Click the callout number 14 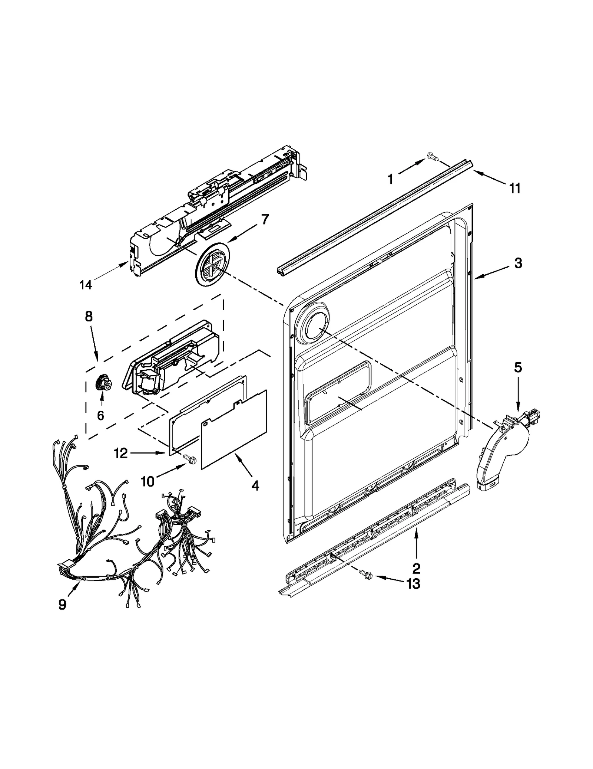tap(86, 285)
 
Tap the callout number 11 tap(514, 189)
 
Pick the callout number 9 tap(62, 605)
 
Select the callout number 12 tap(121, 453)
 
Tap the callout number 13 tap(413, 584)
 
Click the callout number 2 tap(416, 567)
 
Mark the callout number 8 tap(89, 316)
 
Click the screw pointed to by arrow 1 tap(432, 157)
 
